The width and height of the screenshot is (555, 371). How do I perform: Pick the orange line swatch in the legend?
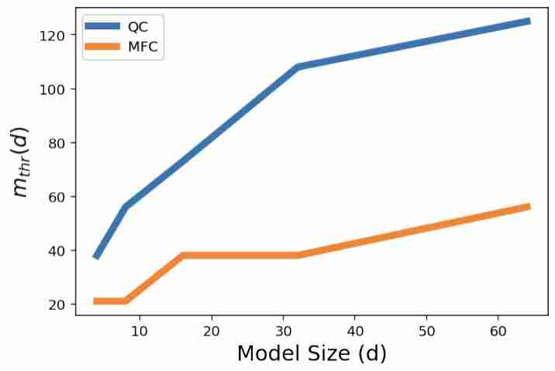[102, 47]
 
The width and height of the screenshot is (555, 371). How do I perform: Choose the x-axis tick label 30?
[283, 330]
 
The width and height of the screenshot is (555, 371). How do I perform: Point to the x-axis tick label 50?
[426, 330]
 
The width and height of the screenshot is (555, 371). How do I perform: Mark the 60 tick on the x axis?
[498, 330]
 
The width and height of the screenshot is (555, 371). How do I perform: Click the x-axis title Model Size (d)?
[312, 354]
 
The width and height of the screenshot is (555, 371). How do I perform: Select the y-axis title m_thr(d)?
[22, 161]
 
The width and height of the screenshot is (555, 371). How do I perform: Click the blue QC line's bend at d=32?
[298, 67]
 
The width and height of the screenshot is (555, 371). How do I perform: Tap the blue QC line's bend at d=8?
[126, 206]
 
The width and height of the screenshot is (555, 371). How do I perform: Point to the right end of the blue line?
[529, 21]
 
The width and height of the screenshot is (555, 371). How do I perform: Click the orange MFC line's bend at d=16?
[183, 255]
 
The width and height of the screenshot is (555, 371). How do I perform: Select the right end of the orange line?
[529, 206]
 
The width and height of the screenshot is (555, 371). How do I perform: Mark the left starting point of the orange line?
[95, 301]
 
